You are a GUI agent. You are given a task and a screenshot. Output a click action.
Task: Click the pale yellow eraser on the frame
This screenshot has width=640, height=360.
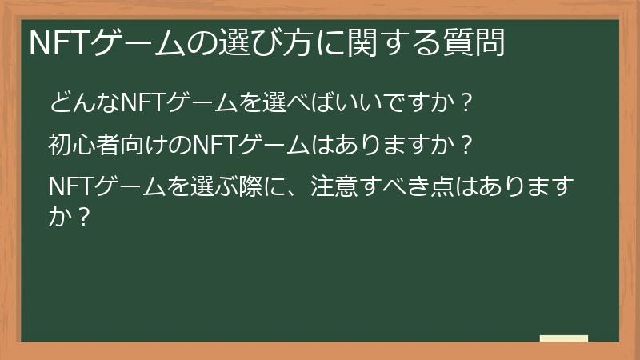click(x=563, y=339)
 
